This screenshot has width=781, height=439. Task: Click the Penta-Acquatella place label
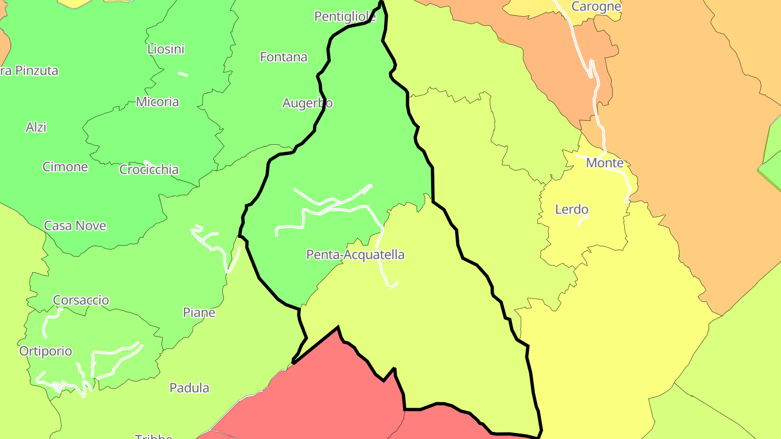[x=355, y=255]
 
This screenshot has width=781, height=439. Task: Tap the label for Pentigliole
[x=345, y=17]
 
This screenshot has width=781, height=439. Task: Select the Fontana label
[x=284, y=57]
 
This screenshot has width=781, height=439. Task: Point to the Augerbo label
[x=308, y=103]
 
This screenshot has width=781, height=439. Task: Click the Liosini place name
[x=166, y=49]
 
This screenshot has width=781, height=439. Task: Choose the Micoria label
[x=157, y=102]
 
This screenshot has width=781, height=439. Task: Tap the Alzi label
[x=36, y=127]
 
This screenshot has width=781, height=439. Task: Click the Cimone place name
[x=65, y=167]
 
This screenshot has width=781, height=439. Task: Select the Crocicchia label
[x=149, y=170]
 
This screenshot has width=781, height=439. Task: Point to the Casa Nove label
[x=75, y=226]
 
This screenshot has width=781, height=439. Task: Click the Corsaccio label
[x=81, y=300]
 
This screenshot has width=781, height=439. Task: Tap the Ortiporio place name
[x=46, y=351]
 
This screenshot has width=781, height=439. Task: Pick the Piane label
[x=199, y=313]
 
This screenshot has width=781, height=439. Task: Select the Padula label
[x=189, y=388]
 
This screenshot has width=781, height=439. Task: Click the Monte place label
[x=605, y=163]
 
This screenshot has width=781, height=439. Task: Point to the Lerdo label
[x=572, y=210]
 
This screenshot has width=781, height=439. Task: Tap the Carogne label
[x=596, y=7]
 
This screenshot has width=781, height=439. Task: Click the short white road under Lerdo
[x=582, y=221]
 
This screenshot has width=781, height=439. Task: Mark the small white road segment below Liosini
[x=183, y=74]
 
